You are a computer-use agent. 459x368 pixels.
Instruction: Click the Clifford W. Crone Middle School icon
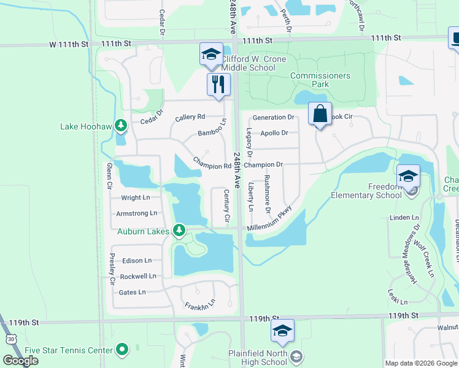[211, 54]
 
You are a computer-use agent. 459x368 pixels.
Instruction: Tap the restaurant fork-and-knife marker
[218, 83]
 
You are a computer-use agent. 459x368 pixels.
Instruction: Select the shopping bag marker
[319, 113]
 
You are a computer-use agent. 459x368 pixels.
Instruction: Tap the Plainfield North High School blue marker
[282, 331]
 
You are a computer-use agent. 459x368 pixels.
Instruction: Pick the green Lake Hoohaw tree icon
[121, 127]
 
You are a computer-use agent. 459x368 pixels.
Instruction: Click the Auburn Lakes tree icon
[179, 231]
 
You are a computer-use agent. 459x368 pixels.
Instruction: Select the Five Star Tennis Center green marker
[122, 350]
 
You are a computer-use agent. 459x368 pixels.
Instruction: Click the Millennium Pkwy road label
[268, 221]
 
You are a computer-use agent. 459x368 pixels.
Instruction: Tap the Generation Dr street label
[274, 117]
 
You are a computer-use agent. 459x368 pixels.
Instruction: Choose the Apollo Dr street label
[274, 132]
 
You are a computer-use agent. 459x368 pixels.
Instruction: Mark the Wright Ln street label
[136, 197]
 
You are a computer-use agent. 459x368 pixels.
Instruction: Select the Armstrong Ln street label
[136, 213]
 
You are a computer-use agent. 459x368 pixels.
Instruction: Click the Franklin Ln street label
[200, 303]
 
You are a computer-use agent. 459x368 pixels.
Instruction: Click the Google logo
[21, 360]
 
